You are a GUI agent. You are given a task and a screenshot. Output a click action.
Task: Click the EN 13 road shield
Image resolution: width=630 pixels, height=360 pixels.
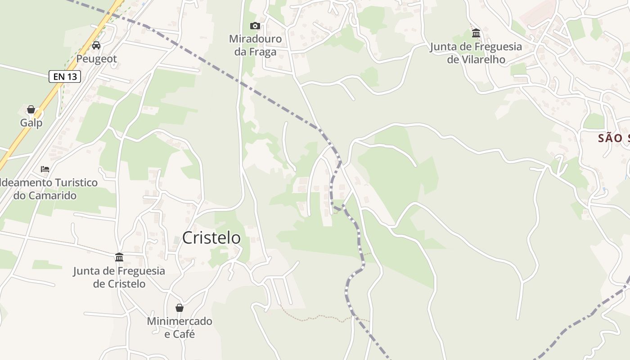pos(65,76)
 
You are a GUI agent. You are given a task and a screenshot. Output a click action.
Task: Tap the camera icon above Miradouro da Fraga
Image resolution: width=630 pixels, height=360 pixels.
pos(255,26)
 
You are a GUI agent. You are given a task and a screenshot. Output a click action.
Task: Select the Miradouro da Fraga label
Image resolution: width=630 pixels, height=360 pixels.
pos(255,45)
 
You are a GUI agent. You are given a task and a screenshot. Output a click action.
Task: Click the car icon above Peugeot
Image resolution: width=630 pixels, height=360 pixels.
pos(96,45)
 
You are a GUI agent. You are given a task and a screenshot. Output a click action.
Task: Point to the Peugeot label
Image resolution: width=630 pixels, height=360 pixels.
pos(96,59)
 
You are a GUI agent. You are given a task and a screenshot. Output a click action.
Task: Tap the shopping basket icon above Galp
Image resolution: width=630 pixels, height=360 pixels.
pos(31,109)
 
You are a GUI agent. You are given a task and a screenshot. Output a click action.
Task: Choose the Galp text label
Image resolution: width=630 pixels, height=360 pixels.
pos(31,123)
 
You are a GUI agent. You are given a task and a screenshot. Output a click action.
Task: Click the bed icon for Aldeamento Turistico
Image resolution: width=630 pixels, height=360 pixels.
pos(45,169)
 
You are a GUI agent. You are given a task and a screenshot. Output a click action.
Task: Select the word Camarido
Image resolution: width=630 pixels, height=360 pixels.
pos(52,196)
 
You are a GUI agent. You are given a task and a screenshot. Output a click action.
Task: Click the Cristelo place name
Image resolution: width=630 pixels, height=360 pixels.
pos(211,238)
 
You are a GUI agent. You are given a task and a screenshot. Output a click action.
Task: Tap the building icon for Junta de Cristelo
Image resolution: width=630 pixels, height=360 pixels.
pos(119,257)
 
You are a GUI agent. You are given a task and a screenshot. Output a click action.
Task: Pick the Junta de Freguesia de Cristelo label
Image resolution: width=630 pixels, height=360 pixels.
pos(119,277)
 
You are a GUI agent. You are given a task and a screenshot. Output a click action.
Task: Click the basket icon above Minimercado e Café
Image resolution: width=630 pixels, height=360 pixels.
pos(180,308)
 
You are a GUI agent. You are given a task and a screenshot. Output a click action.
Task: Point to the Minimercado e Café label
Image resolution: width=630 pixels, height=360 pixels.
pos(180,328)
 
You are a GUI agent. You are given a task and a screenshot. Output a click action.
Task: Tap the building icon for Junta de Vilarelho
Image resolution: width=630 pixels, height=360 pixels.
pos(476,33)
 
